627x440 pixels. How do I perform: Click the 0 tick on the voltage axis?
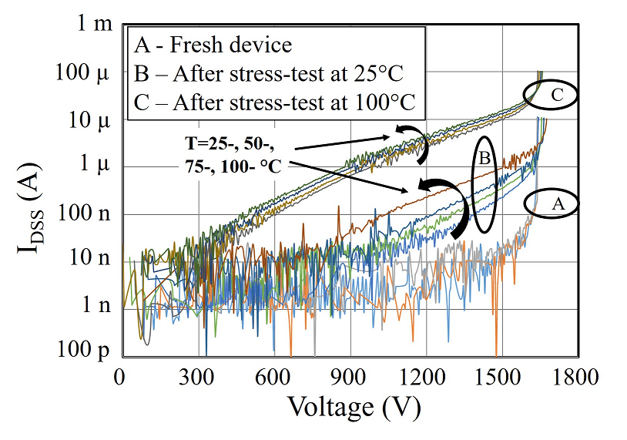119,378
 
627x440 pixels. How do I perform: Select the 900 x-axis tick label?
350,378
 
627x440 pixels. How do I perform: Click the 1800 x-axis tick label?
576,378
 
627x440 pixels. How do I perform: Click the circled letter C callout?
556,95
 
